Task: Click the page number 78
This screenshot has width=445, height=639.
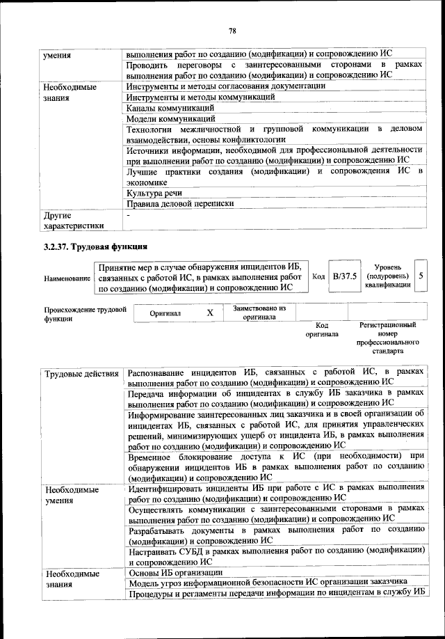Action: tap(233, 30)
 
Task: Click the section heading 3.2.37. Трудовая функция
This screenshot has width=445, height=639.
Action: tap(95, 247)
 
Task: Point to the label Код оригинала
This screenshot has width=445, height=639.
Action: tap(321, 329)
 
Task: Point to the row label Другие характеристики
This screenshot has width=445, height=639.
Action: tap(73, 220)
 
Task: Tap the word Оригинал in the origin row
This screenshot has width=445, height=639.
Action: tap(165, 313)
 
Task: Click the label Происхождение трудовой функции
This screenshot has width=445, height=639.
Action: tap(85, 313)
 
